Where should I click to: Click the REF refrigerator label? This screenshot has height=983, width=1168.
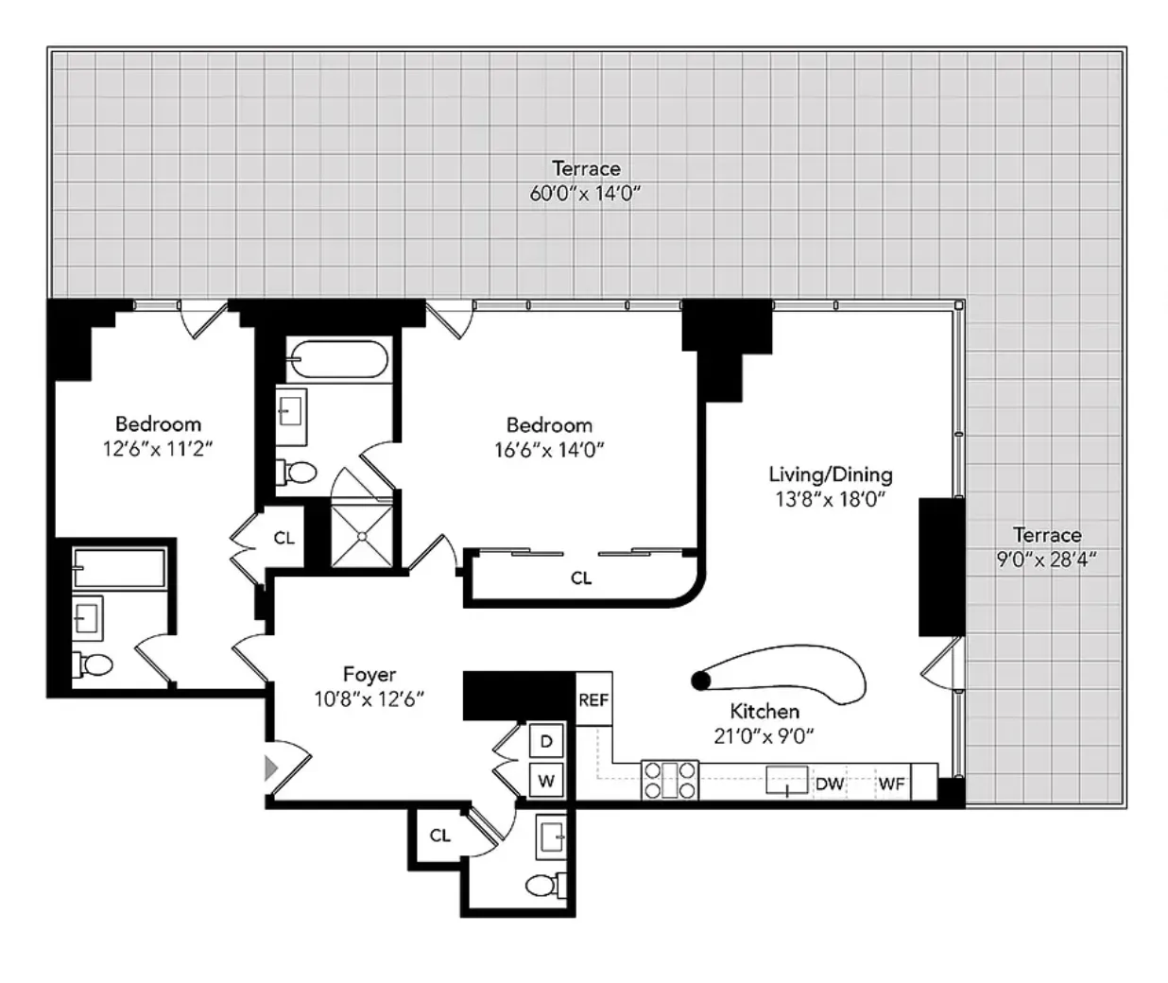(593, 700)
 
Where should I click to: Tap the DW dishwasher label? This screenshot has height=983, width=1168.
(829, 784)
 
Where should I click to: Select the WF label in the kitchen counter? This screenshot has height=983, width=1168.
(891, 784)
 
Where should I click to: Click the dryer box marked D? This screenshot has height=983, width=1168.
(545, 742)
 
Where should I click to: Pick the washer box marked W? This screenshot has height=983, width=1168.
(545, 782)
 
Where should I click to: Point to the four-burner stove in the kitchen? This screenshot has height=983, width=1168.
(669, 781)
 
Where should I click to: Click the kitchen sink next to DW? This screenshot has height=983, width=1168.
(788, 783)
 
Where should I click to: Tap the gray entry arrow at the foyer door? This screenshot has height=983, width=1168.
(271, 767)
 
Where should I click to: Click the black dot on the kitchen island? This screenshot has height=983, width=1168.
(700, 680)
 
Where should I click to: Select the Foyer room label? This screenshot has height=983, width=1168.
(369, 675)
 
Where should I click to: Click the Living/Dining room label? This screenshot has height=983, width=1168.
(830, 474)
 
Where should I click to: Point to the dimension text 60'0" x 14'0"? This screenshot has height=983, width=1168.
(586, 195)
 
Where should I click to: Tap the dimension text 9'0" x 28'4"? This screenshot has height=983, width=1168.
(1046, 560)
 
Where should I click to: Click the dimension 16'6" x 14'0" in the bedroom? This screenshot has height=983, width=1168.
(549, 450)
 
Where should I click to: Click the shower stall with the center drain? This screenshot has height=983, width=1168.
(362, 535)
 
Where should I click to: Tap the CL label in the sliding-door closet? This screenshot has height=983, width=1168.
(581, 578)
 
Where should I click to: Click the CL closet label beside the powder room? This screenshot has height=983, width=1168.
(439, 836)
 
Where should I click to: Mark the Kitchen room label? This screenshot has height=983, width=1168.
(764, 712)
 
